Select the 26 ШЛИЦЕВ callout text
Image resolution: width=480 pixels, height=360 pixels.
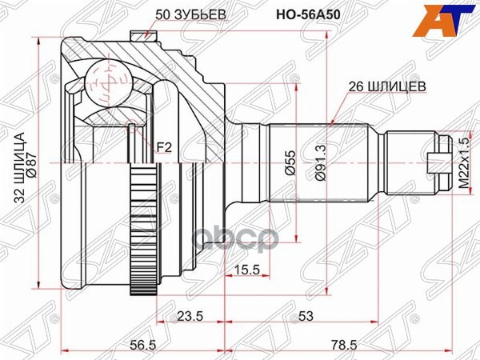pos(386,84)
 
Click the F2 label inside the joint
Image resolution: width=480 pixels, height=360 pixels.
pos(164,147)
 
